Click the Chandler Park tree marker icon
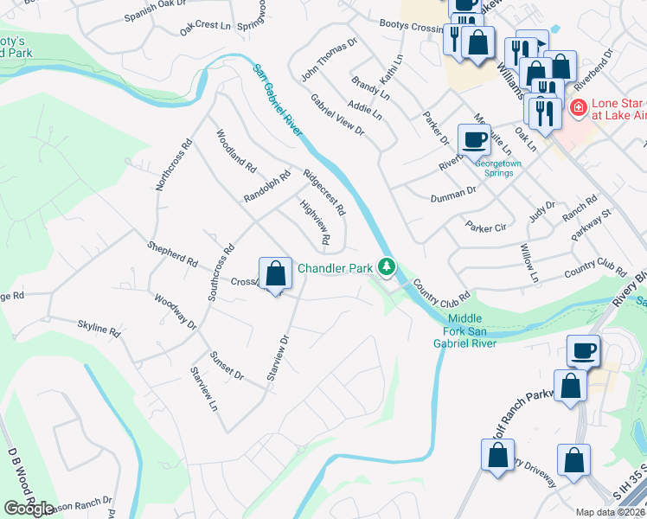pyautogui.click(x=389, y=268)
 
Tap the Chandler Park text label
pyautogui.click(x=335, y=268)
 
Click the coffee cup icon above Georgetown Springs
pyautogui.click(x=474, y=139)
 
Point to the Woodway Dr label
pyautogui.click(x=176, y=311)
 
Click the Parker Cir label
pyautogui.click(x=485, y=227)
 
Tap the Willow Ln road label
pyautogui.click(x=528, y=263)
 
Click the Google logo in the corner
pyautogui.click(x=29, y=509)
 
